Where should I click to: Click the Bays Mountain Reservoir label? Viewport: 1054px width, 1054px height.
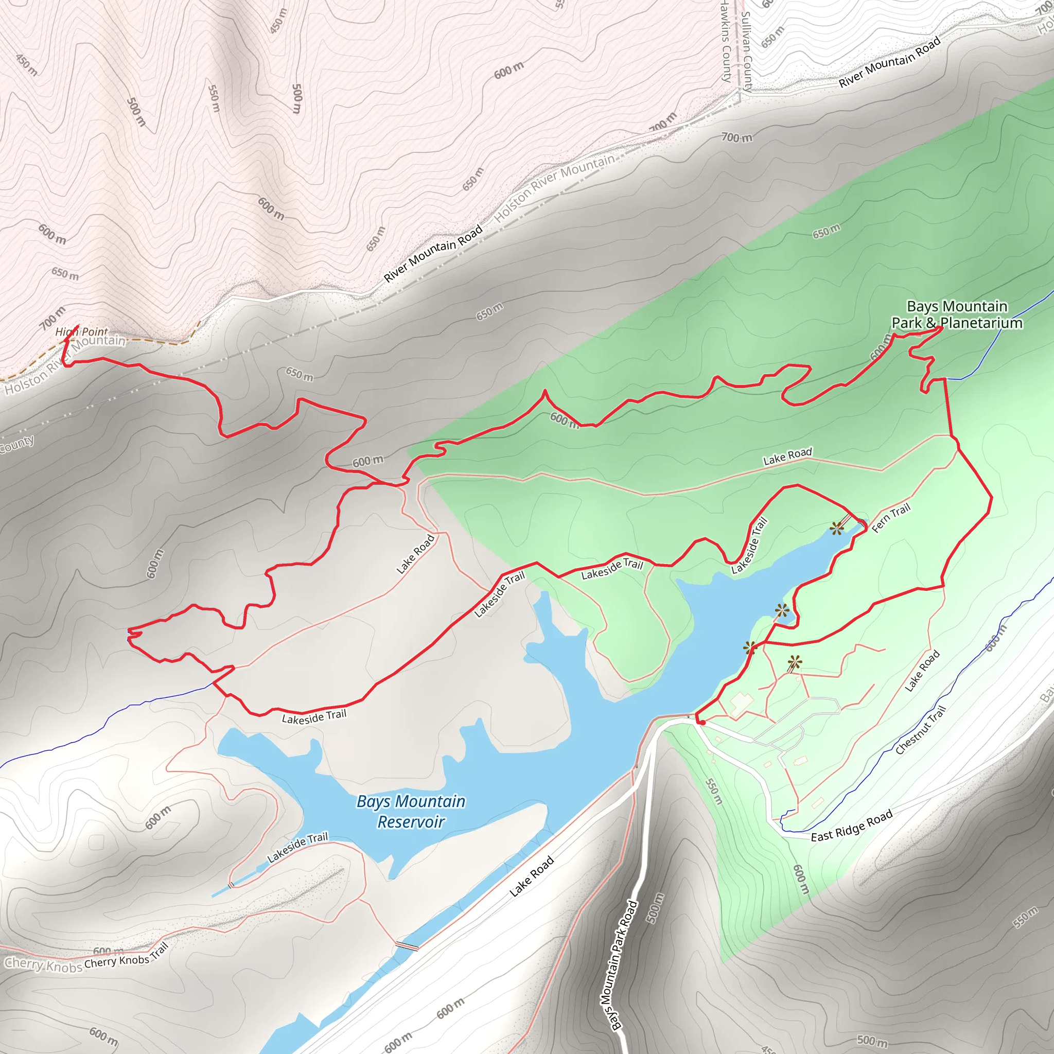(x=411, y=811)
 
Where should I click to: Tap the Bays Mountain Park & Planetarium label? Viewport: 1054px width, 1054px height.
(x=957, y=315)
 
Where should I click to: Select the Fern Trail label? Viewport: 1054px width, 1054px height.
(x=891, y=518)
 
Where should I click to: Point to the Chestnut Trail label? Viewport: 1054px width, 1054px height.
(x=920, y=730)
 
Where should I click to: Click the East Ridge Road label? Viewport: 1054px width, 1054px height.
(x=852, y=825)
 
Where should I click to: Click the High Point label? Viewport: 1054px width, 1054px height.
(x=82, y=332)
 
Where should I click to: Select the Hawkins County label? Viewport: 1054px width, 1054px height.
(x=726, y=41)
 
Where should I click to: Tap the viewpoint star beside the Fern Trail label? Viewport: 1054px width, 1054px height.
(x=836, y=528)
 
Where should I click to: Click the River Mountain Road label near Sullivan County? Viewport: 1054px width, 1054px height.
(x=890, y=62)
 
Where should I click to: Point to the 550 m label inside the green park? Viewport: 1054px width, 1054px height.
(x=714, y=792)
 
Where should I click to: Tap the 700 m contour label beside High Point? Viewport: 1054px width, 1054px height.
(x=52, y=318)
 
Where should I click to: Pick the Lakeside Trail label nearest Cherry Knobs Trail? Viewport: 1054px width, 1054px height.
(x=297, y=847)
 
